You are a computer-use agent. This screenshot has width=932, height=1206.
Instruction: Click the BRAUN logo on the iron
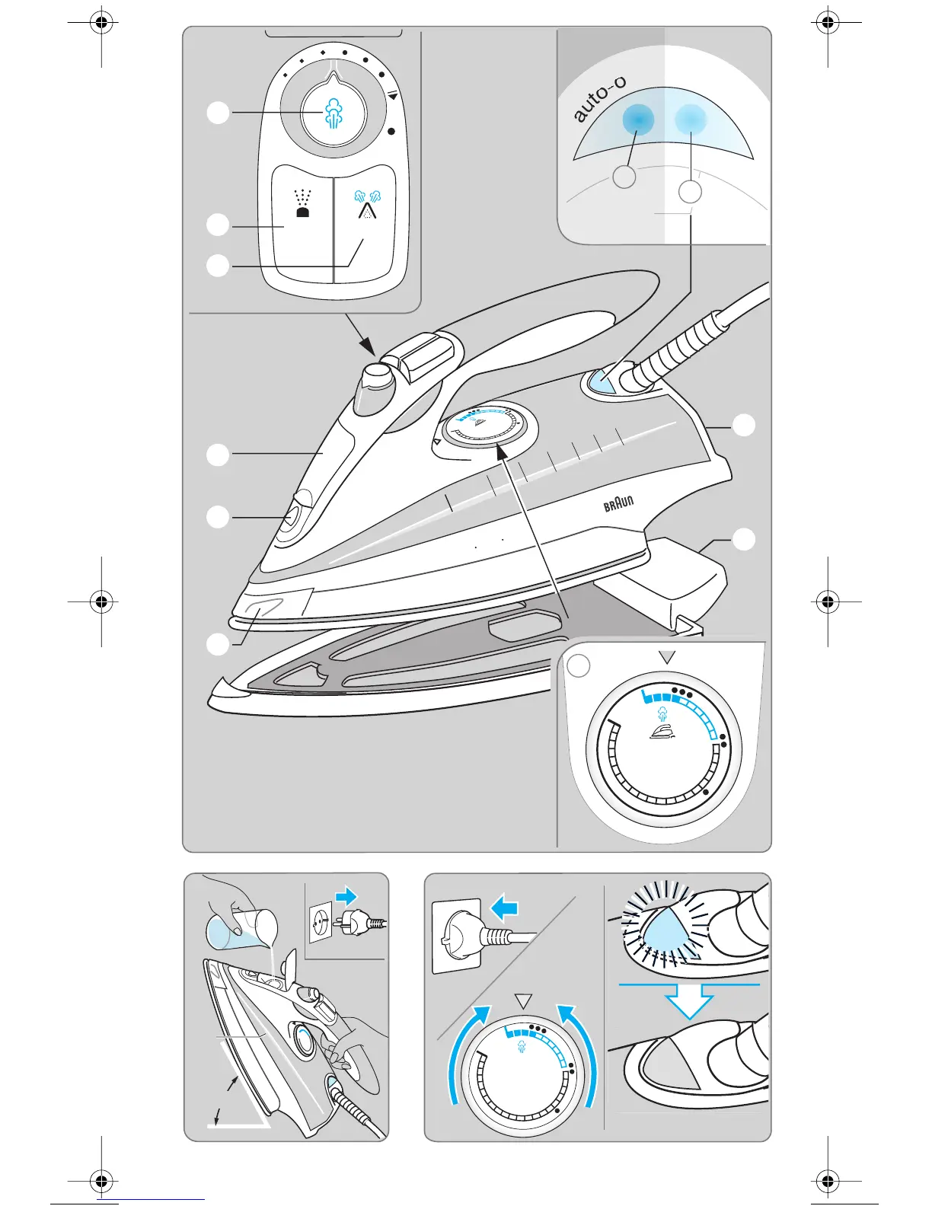618,503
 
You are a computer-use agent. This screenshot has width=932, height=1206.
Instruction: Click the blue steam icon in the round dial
334,114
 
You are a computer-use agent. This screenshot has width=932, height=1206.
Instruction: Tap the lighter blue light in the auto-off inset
691,118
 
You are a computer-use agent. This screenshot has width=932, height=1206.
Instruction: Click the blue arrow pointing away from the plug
346,896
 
